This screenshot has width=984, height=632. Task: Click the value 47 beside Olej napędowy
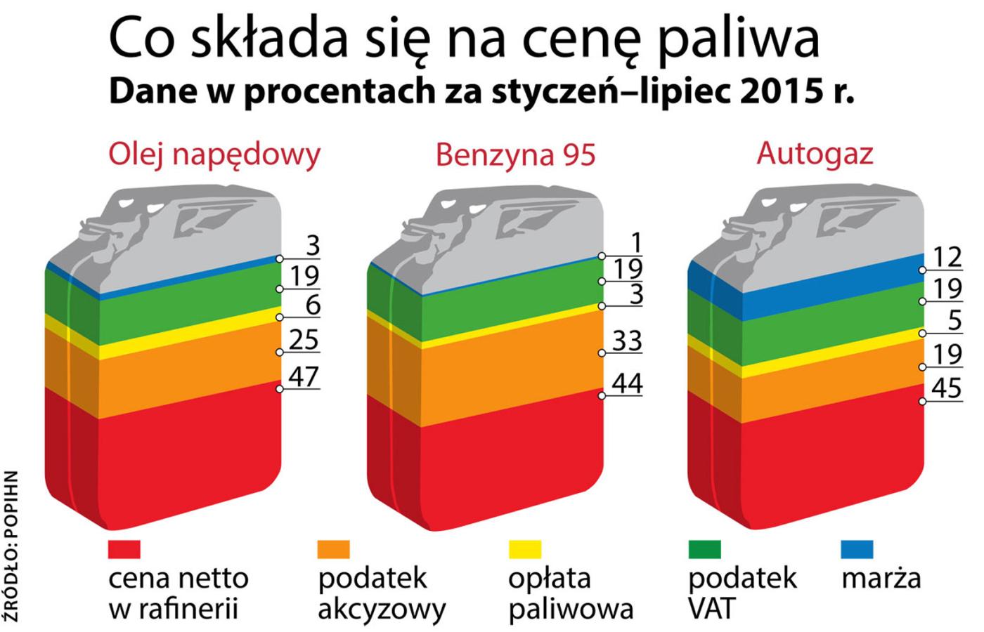point(304,376)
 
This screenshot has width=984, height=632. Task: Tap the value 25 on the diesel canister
point(304,340)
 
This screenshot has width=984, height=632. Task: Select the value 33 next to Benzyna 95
point(627,341)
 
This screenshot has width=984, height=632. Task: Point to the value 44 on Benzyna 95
point(627,383)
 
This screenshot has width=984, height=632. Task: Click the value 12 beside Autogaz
point(947,257)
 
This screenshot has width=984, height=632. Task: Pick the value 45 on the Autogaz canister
point(947,388)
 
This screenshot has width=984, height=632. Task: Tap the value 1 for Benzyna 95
point(636,243)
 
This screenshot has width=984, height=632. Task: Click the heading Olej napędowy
point(214,154)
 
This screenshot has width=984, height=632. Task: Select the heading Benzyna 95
point(515,154)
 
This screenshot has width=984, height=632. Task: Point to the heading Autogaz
point(815,153)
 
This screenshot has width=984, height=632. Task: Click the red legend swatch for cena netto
point(124,549)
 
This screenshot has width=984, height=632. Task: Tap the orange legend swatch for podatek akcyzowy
point(333,549)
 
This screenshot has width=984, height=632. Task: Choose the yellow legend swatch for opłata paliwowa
point(524,549)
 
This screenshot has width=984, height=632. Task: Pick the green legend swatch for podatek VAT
point(704,549)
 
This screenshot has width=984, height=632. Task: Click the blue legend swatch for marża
point(857,549)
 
